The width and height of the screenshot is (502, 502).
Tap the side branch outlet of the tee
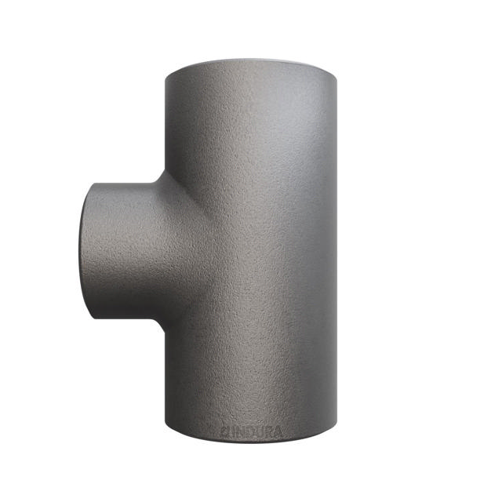[x=118, y=249]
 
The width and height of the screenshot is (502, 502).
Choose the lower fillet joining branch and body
[x=160, y=322]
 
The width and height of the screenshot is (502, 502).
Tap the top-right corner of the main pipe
[x=340, y=75]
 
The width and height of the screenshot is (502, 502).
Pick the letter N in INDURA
[x=238, y=430]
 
